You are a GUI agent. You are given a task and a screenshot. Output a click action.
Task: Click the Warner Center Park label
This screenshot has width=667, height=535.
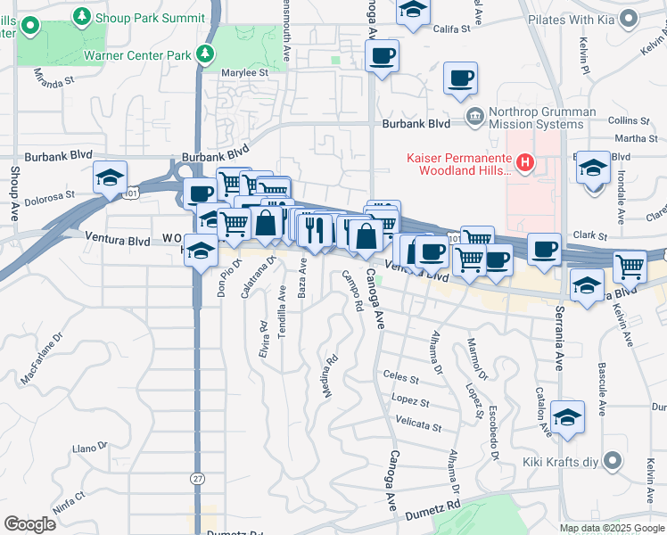(x=137, y=55)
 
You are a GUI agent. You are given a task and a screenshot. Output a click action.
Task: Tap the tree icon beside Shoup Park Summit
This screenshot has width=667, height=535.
(x=83, y=16)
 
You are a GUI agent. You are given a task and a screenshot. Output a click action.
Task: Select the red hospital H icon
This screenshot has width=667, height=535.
(x=525, y=162)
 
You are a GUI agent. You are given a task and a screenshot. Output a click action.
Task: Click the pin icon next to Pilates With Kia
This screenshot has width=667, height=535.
(x=630, y=18)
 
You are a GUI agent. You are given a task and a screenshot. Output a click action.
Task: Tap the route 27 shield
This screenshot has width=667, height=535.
(x=196, y=478)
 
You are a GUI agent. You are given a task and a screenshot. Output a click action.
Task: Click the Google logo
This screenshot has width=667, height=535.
(x=29, y=523)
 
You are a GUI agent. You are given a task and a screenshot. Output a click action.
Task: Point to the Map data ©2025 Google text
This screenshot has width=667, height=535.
(x=612, y=527)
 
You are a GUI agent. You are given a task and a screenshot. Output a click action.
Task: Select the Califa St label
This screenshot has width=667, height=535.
(x=451, y=29)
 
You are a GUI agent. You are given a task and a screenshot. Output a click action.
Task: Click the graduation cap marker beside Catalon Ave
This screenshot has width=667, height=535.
(x=567, y=416)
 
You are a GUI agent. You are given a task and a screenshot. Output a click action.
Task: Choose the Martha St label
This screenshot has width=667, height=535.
(x=637, y=138)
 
